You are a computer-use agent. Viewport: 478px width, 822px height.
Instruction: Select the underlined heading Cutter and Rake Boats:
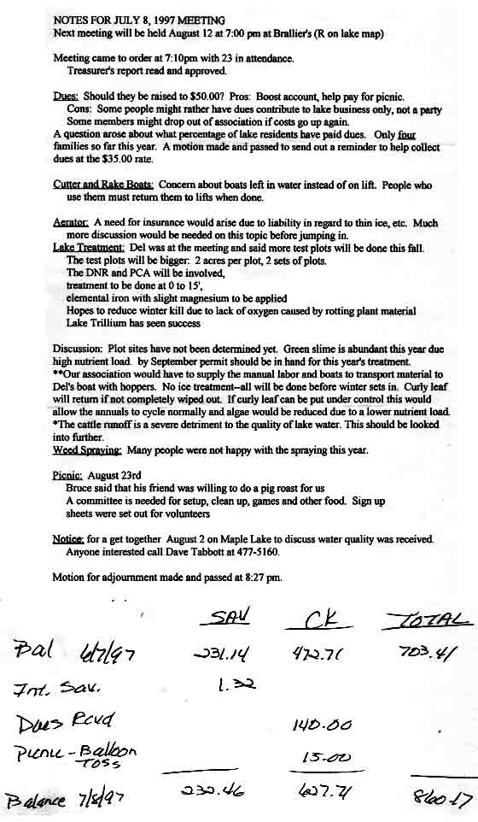click(102, 185)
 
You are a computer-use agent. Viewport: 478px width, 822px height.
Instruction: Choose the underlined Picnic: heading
click(67, 475)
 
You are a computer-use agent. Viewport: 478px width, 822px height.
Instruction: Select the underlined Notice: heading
click(68, 539)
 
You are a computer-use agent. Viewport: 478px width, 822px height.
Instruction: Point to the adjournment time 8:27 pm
click(261, 578)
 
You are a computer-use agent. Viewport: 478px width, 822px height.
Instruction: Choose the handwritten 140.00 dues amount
click(322, 726)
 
